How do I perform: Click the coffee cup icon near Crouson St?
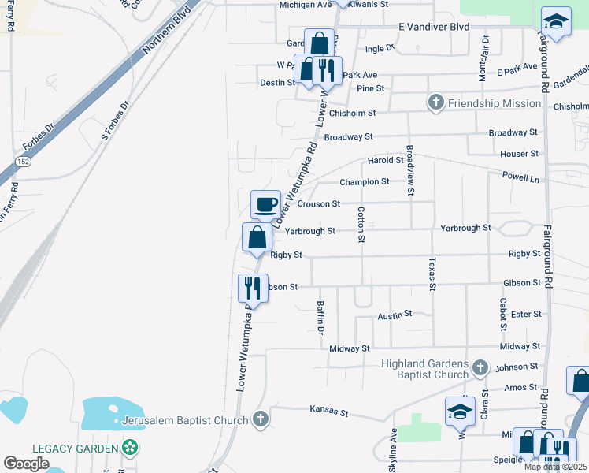coord(265,205)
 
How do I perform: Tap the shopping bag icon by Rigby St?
coord(257,237)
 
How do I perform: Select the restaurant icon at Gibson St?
coord(253,288)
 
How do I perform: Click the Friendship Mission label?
coord(495,103)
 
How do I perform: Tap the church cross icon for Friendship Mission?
coord(435,102)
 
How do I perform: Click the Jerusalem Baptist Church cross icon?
coord(261,420)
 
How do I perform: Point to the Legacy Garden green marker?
coord(130,449)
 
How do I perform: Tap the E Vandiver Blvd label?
coord(434,27)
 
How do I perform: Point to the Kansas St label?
coord(329,411)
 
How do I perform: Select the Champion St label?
coord(364,182)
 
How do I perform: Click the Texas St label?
coord(432,274)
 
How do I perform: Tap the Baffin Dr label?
coord(320,318)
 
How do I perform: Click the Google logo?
coord(26,464)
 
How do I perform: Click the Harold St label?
coord(385,160)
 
